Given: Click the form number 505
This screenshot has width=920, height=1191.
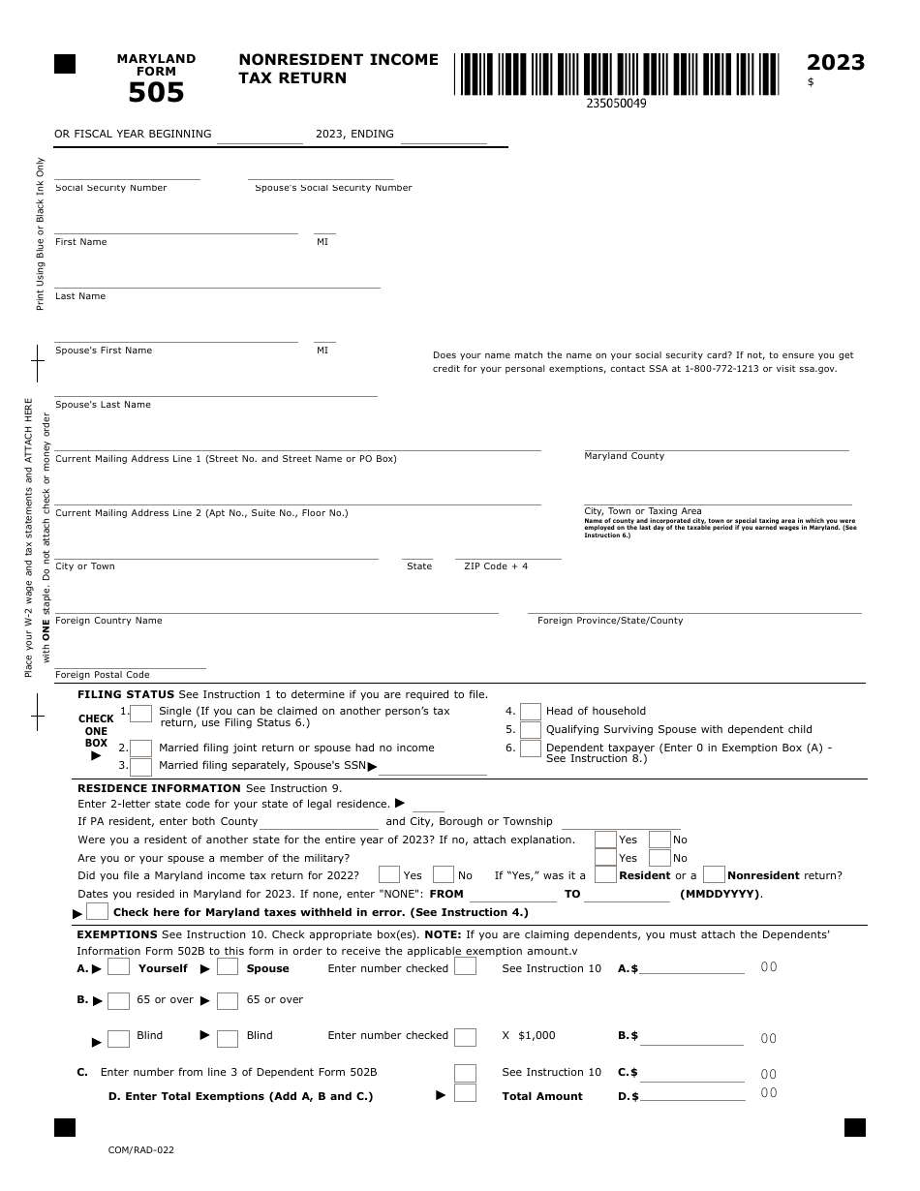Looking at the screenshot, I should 156,93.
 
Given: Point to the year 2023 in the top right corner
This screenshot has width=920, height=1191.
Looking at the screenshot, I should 835,63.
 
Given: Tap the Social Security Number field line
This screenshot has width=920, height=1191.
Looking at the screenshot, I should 127,172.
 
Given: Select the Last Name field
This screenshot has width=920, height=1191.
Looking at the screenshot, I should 217,281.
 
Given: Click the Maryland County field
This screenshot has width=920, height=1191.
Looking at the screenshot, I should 716,443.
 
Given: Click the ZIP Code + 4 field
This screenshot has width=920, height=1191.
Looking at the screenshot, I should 508,552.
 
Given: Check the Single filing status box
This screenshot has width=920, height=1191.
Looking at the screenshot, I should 141,714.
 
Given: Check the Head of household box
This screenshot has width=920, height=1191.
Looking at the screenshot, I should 531,712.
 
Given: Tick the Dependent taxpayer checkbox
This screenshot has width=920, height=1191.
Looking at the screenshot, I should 531,748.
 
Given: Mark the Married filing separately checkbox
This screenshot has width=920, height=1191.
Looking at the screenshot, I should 141,767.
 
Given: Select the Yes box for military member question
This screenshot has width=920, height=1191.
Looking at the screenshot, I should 605,858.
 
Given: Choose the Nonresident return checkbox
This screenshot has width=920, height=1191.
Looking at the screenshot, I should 714,874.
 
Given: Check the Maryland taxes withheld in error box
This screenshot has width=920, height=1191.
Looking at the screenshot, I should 97,911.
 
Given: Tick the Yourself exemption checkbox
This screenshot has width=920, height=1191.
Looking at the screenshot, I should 118,967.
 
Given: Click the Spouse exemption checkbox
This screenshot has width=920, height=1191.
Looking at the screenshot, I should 228,967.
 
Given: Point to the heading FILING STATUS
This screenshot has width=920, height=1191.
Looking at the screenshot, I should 126,694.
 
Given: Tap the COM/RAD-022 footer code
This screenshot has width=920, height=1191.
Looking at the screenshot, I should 141,1150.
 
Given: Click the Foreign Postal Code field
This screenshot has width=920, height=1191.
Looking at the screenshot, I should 130,661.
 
